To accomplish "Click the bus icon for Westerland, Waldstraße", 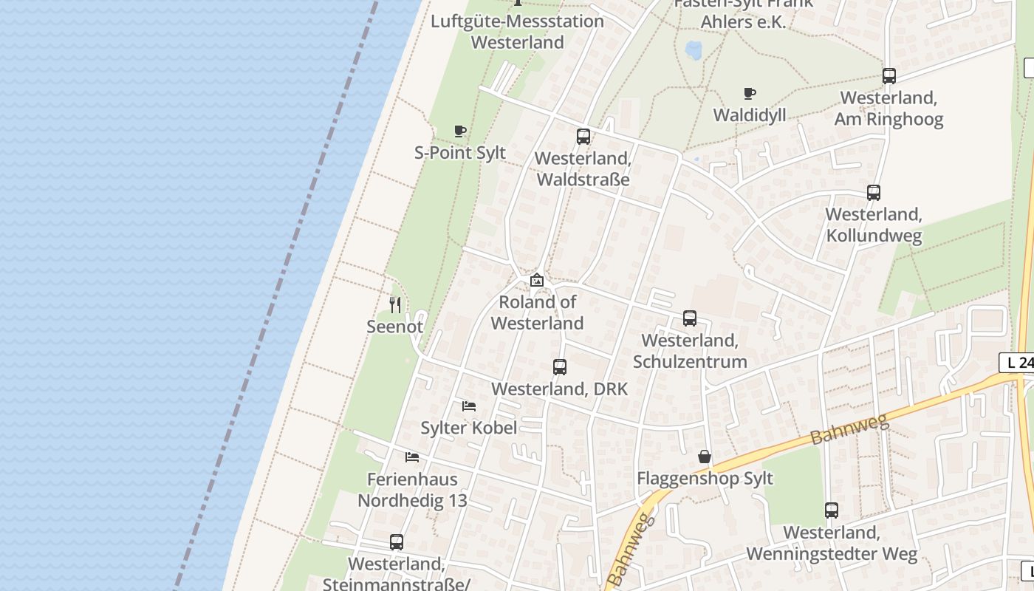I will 583,137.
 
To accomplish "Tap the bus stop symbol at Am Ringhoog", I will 889,76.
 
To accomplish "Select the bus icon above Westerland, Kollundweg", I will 874,193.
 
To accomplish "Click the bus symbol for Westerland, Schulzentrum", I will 690,318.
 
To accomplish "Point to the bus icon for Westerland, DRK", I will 560,367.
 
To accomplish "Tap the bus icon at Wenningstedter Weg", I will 832,510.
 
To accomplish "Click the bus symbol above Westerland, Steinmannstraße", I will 397,542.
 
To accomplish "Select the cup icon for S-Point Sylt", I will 460,131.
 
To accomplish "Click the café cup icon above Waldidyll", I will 750,94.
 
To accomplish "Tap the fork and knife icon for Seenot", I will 395,304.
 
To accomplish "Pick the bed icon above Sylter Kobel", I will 469,406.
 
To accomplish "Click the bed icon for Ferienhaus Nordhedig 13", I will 412,457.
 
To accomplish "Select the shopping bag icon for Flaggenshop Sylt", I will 705,457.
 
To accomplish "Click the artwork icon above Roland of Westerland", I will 537,280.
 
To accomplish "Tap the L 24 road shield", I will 1018,363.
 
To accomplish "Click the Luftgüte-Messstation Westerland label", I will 517,32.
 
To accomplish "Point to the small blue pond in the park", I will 694,50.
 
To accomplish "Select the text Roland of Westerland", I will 537,312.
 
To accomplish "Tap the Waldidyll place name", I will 750,115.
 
